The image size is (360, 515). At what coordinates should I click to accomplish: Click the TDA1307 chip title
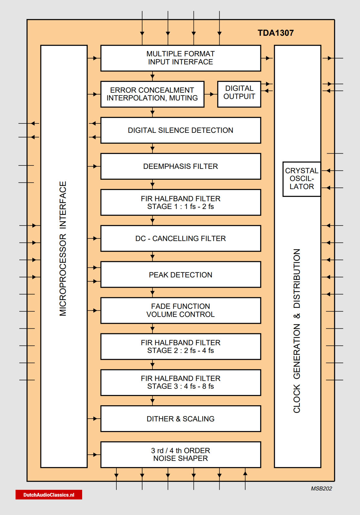coord(276,33)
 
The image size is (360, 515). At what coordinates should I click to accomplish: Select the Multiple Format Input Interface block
coord(180,58)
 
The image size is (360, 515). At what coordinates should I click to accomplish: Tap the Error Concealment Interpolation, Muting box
coord(152,94)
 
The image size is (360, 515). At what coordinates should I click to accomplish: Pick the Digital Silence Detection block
coord(180,130)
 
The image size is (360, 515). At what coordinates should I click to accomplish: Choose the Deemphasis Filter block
coord(180,166)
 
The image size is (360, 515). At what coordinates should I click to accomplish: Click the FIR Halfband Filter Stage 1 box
coord(180,202)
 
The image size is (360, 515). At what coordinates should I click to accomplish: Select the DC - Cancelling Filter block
coord(180,239)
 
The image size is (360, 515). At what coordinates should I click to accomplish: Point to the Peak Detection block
coord(180,275)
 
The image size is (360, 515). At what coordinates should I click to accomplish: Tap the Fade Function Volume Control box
coord(180,310)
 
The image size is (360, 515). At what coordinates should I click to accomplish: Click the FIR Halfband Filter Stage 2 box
coord(180,346)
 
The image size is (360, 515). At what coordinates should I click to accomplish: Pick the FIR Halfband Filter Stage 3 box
coord(180,383)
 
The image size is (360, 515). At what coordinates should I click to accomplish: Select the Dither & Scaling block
coord(180,419)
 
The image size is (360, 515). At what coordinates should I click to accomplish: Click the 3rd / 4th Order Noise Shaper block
coord(180,454)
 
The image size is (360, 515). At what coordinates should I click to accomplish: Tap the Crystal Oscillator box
coord(302,179)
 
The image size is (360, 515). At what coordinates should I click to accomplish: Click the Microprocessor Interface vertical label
coord(63,249)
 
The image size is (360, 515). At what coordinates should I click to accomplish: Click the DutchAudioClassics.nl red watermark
coord(49,495)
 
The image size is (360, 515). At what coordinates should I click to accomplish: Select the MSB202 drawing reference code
coord(321,489)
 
